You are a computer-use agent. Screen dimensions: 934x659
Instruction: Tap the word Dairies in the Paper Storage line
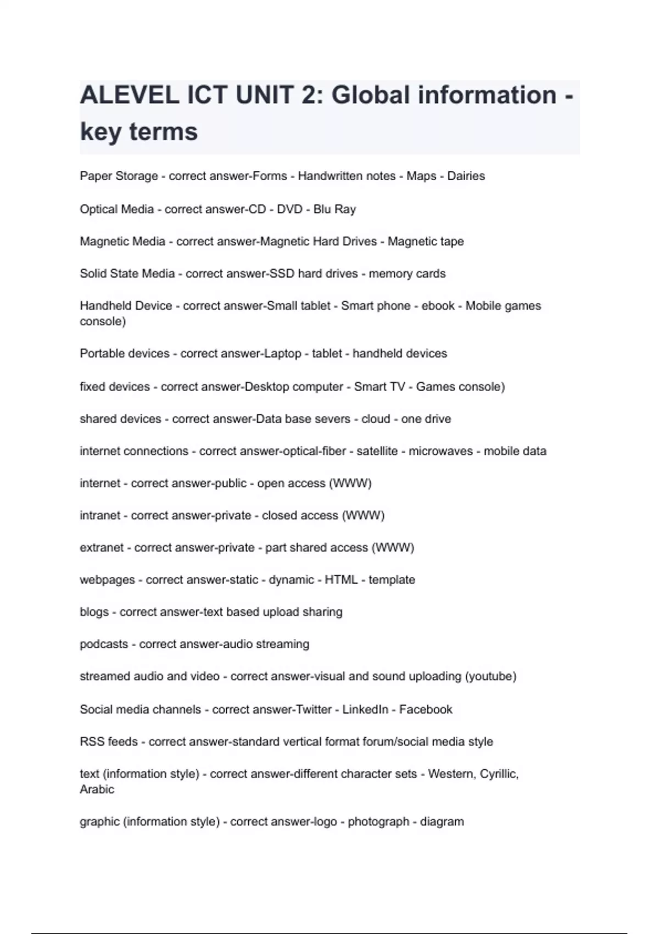click(x=466, y=176)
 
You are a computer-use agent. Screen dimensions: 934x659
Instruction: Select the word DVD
click(x=289, y=209)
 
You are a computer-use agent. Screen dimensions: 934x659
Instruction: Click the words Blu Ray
click(x=334, y=209)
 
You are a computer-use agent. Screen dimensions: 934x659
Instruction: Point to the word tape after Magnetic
click(x=451, y=242)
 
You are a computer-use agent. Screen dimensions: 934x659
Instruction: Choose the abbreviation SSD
click(x=281, y=274)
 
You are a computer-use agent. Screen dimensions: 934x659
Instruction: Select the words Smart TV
click(x=379, y=387)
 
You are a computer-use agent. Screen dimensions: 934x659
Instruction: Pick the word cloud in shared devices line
click(x=376, y=419)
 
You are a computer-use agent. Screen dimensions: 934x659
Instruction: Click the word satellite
click(x=377, y=451)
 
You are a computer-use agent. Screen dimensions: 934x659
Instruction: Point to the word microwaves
click(x=440, y=451)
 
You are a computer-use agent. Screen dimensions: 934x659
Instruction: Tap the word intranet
click(x=100, y=515)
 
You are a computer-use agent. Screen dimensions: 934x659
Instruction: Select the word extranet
click(x=102, y=548)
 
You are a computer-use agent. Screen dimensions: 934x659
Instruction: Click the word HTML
click(x=341, y=580)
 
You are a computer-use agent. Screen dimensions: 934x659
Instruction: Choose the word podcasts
click(x=104, y=644)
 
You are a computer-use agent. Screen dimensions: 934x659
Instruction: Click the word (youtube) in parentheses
click(x=490, y=676)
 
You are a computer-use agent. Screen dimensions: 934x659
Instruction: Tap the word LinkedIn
click(x=365, y=709)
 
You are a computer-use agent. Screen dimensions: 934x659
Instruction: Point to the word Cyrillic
click(x=499, y=774)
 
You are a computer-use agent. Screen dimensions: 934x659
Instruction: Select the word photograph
click(x=378, y=821)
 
